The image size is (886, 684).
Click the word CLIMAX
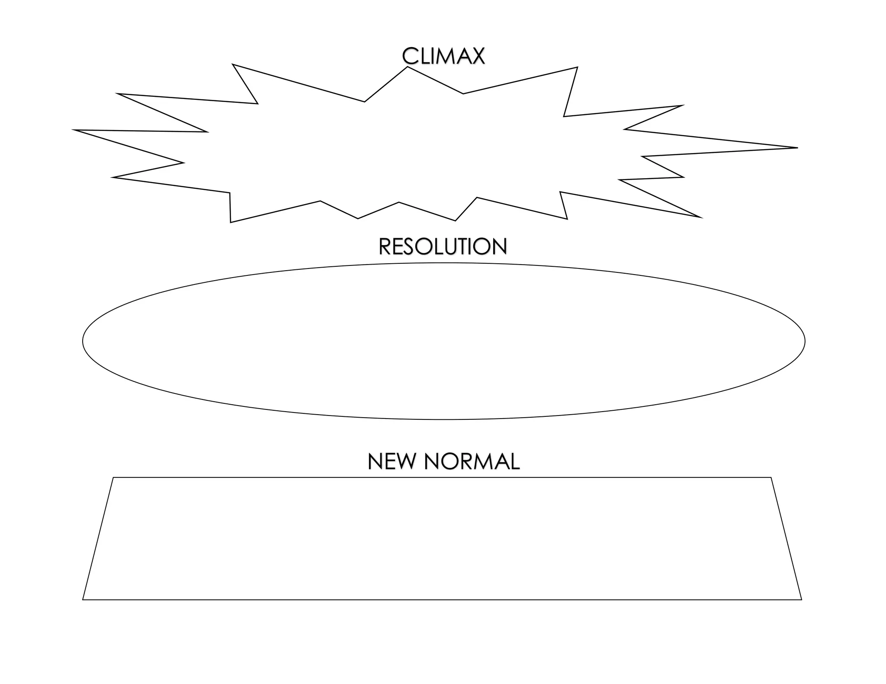[x=443, y=56]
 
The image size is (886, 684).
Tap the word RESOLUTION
[x=443, y=247]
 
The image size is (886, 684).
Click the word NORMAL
[x=472, y=462]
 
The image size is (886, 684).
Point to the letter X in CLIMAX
[x=476, y=56]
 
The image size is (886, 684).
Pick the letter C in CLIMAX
[x=410, y=56]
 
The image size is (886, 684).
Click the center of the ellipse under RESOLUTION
[x=443, y=341]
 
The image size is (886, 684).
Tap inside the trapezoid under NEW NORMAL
[x=442, y=538]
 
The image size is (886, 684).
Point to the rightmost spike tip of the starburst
[x=797, y=148]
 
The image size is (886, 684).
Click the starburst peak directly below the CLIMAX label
[x=408, y=67]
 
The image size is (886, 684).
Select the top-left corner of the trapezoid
[x=113, y=478]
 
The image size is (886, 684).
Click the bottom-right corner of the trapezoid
[x=801, y=600]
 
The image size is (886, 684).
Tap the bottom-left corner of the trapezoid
[x=83, y=600]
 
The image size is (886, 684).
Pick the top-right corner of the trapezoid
[x=771, y=478]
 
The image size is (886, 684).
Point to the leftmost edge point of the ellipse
[x=83, y=341]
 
